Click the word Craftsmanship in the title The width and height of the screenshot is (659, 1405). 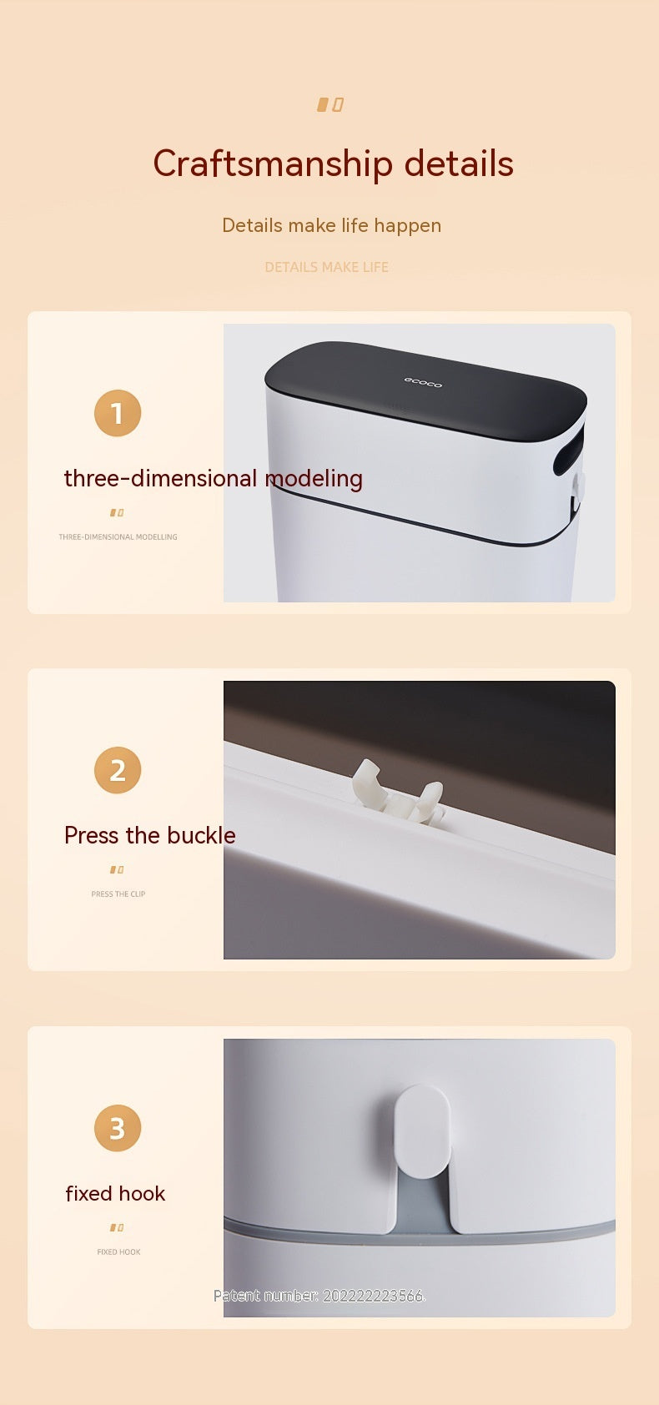tap(273, 164)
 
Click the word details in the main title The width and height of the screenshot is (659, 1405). tap(459, 163)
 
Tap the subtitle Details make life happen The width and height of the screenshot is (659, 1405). tap(332, 225)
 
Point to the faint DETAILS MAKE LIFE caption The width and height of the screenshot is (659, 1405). tap(327, 267)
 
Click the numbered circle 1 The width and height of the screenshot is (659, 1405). tap(118, 413)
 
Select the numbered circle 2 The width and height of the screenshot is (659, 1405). tap(118, 770)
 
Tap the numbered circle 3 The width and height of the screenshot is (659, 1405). tap(118, 1128)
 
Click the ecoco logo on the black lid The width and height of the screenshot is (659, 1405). tap(423, 382)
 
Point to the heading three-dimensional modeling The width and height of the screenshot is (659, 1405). tap(214, 479)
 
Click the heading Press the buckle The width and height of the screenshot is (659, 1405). tap(150, 835)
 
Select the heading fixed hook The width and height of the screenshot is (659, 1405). tap(115, 1193)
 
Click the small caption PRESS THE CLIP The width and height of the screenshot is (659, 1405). tap(118, 894)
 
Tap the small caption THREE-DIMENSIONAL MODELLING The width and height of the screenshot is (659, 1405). tap(118, 537)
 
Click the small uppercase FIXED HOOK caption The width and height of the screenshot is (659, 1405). tap(118, 1252)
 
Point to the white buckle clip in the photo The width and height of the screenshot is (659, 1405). tap(398, 792)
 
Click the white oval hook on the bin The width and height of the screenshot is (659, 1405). tap(423, 1131)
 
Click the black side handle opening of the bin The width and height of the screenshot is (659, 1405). tap(568, 451)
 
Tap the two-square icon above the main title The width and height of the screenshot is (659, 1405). tap(329, 104)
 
